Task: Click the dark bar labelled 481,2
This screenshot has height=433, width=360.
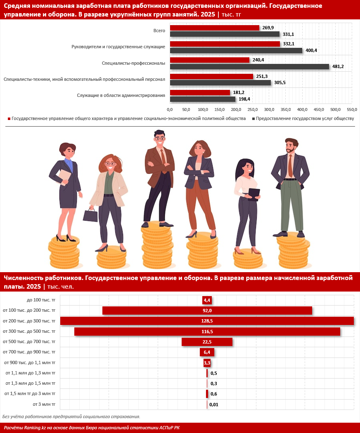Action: tap(249, 66)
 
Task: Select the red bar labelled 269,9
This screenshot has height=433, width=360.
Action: tap(215, 28)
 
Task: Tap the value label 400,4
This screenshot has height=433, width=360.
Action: tap(310, 50)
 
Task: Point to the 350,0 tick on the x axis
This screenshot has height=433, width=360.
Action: tap(286, 110)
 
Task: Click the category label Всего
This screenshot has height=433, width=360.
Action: tap(159, 31)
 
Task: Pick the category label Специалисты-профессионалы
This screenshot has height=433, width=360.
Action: tap(133, 63)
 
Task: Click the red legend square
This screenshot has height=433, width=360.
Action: tap(9, 119)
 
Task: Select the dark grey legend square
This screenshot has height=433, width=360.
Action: tap(253, 119)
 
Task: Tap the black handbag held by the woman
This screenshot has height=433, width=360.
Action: tap(90, 214)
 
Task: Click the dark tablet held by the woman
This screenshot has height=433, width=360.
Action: tap(254, 193)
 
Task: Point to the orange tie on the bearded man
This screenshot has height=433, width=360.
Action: tap(290, 165)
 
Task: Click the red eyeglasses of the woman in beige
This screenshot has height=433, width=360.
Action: tap(110, 164)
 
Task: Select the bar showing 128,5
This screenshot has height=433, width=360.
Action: tap(207, 321)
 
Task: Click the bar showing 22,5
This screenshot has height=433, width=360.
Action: tap(207, 341)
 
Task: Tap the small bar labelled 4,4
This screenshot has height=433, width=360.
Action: tap(207, 300)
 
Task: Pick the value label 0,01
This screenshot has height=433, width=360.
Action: tap(213, 405)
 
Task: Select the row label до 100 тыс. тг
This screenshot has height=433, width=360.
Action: tap(41, 300)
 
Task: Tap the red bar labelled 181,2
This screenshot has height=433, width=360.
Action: tap(200, 92)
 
